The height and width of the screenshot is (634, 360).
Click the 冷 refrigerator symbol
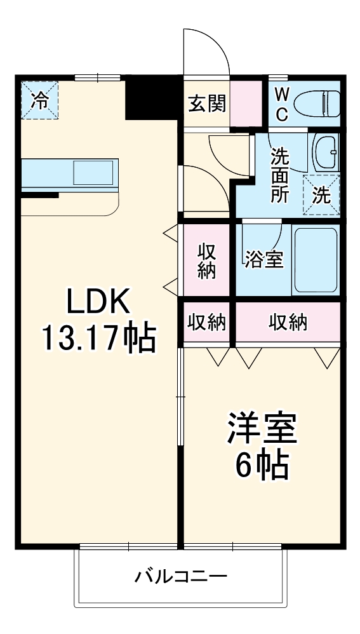pos(39,100)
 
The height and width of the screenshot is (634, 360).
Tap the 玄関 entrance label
pos(206,103)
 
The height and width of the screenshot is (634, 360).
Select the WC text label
pos(283,104)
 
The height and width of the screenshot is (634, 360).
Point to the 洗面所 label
pos(280,174)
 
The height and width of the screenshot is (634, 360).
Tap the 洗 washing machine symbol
pos(322,194)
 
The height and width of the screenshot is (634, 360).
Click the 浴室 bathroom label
pos(263,259)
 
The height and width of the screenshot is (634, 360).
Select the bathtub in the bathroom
pos(316,259)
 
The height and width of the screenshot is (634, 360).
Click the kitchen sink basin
pos(94,172)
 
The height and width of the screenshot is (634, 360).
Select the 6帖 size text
pos(262,467)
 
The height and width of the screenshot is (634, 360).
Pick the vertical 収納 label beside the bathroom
pos(206,261)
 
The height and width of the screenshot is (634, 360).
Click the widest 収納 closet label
pos(288,322)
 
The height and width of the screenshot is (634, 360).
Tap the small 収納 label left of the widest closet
pos(206,322)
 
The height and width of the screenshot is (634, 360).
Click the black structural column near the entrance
pos(152,97)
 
